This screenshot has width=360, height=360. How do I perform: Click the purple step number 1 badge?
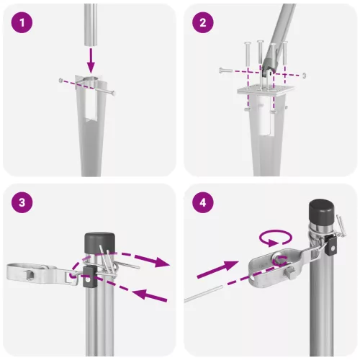pyautogui.click(x=25, y=23)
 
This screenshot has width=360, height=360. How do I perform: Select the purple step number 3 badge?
pyautogui.click(x=25, y=202)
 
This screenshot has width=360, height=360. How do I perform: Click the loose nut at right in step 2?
pyautogui.click(x=306, y=75)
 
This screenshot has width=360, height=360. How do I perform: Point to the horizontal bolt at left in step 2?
pyautogui.click(x=230, y=71)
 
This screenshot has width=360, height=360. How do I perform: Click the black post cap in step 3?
pyautogui.click(x=96, y=242)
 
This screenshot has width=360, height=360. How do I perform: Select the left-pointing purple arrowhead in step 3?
pyautogui.click(x=140, y=294)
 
